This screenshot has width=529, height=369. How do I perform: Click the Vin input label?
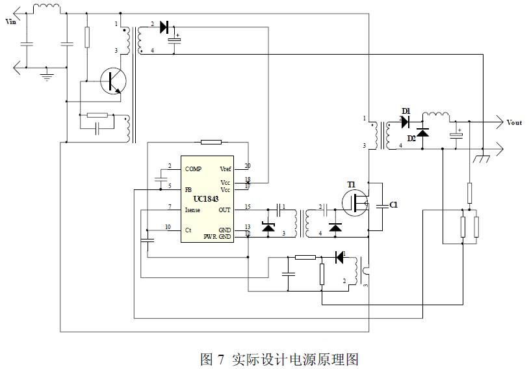pyautogui.click(x=10, y=21)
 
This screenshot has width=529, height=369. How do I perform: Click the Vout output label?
pyautogui.click(x=514, y=122)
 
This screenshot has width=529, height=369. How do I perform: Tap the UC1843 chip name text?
pyautogui.click(x=206, y=198)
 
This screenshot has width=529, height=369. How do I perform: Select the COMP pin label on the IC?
pyautogui.click(x=193, y=169)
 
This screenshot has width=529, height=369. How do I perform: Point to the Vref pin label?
pyautogui.click(x=226, y=169)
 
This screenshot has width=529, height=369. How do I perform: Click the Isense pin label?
pyautogui.click(x=193, y=210)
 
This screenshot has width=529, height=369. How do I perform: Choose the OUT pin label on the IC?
pyautogui.click(x=225, y=210)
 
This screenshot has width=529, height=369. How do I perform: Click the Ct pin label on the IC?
pyautogui.click(x=188, y=230)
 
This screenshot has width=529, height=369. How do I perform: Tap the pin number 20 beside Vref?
pyautogui.click(x=248, y=166)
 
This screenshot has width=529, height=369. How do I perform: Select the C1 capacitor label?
pyautogui.click(x=393, y=204)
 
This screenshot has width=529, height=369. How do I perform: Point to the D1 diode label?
pyautogui.click(x=406, y=112)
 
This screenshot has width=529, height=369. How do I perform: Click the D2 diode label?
pyautogui.click(x=411, y=138)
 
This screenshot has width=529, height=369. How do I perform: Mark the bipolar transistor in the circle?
pyautogui.click(x=114, y=81)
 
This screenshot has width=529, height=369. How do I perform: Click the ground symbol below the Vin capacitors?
pyautogui.click(x=47, y=75)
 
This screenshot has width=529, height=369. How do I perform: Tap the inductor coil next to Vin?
pyautogui.click(x=46, y=8)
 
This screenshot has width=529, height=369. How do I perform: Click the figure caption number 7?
pyautogui.click(x=221, y=359)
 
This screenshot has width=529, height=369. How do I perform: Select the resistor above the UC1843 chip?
pyautogui.click(x=211, y=142)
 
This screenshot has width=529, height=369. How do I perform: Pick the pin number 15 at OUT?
pyautogui.click(x=248, y=207)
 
